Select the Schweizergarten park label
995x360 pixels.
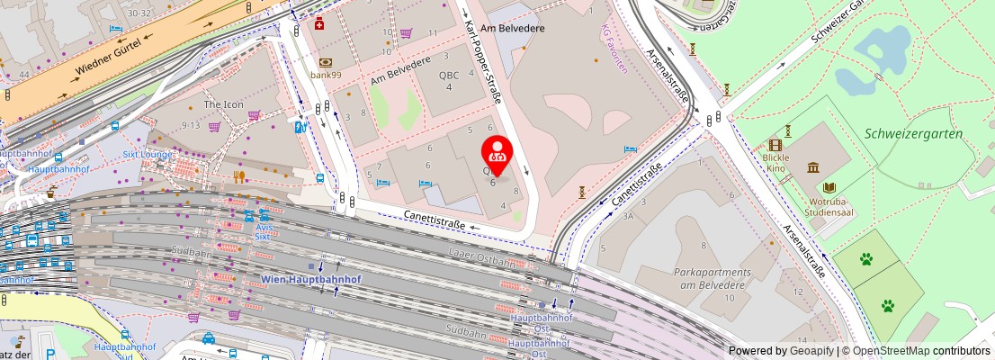point(913,133)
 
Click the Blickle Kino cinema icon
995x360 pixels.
point(775,145)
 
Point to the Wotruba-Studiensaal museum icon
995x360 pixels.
point(813,168)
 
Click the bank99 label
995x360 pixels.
point(325,75)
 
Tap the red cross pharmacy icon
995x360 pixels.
point(319,24)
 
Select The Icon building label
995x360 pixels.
point(223,104)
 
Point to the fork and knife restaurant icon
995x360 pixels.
point(239,176)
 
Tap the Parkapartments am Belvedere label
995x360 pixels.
point(712,278)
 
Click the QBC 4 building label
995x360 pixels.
point(448,81)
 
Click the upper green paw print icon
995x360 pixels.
point(865,259)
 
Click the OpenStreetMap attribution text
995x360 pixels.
point(916,351)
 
